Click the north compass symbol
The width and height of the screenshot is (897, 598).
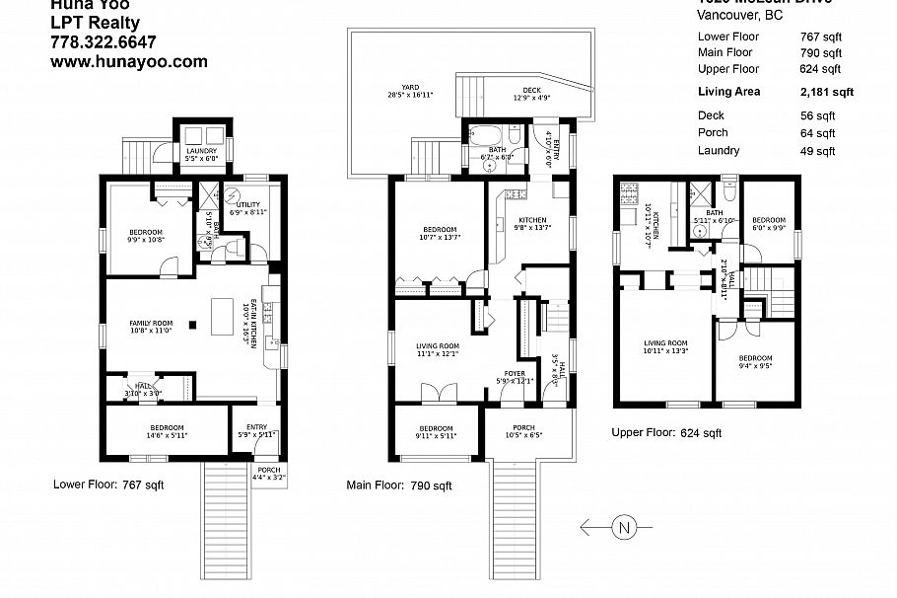pyautogui.click(x=623, y=527)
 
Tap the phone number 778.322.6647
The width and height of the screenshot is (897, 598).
pyautogui.click(x=103, y=41)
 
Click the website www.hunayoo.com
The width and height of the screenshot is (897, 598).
pyautogui.click(x=128, y=61)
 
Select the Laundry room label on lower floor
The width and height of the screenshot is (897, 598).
pyautogui.click(x=201, y=153)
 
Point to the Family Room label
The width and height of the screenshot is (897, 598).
pyautogui.click(x=151, y=328)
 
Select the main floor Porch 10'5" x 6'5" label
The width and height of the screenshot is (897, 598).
pyautogui.click(x=521, y=430)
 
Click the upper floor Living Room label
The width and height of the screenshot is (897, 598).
pyautogui.click(x=664, y=345)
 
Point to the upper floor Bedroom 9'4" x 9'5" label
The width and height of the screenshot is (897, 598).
pyautogui.click(x=755, y=361)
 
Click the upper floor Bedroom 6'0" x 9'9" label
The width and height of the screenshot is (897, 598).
pyautogui.click(x=769, y=223)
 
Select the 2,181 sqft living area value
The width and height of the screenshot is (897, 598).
pyautogui.click(x=826, y=92)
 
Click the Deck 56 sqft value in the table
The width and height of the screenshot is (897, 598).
pyautogui.click(x=818, y=115)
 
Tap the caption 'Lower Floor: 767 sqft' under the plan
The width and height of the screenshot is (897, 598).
pyautogui.click(x=108, y=485)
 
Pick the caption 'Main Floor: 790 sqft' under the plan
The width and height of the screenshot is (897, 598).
pyautogui.click(x=399, y=486)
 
